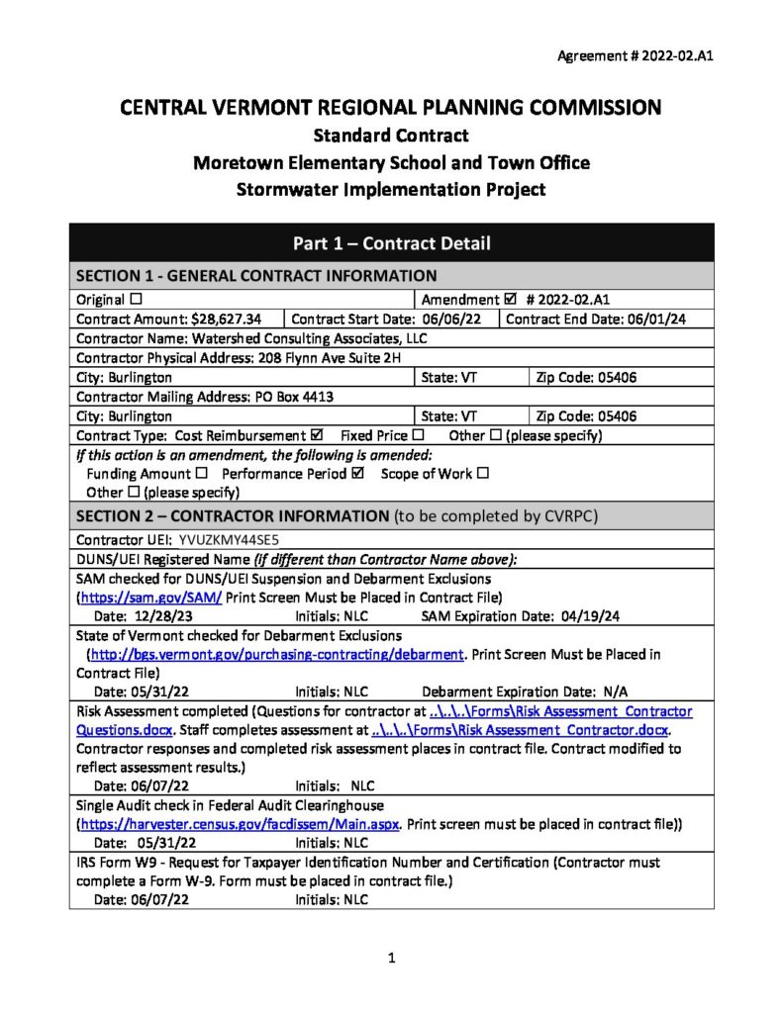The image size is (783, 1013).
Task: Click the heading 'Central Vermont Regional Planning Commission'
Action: click(x=390, y=107)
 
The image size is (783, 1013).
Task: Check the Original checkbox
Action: click(x=136, y=299)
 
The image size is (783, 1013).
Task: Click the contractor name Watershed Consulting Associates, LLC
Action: click(x=309, y=337)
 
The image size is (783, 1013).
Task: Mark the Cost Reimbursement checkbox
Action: click(x=317, y=435)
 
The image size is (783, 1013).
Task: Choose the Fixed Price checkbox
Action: click(x=418, y=435)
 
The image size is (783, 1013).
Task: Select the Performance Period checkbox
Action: click(x=358, y=474)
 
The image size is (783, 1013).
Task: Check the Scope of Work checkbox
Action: click(x=483, y=474)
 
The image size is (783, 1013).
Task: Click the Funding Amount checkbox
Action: click(x=201, y=474)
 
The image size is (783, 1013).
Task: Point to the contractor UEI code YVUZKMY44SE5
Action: click(x=230, y=540)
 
